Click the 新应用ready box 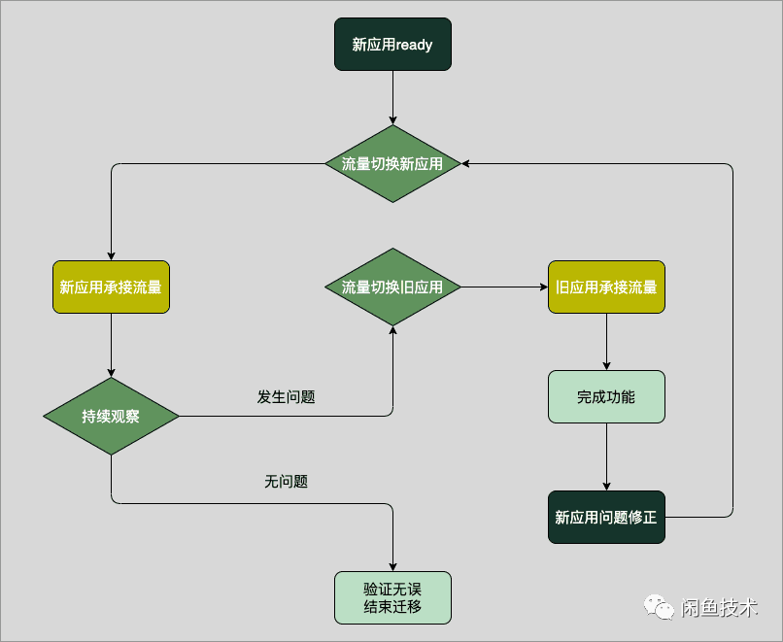pyautogui.click(x=392, y=45)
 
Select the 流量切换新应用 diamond pyautogui.click(x=392, y=164)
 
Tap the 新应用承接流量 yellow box pyautogui.click(x=111, y=287)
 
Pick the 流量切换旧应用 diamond pyautogui.click(x=392, y=287)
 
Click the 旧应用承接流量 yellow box pyautogui.click(x=606, y=287)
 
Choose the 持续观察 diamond pyautogui.click(x=111, y=417)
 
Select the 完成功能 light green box pyautogui.click(x=606, y=397)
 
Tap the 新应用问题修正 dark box pyautogui.click(x=606, y=518)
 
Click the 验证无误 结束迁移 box pyautogui.click(x=392, y=597)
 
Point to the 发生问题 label pyautogui.click(x=286, y=397)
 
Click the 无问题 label pyautogui.click(x=286, y=481)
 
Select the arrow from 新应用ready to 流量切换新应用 pyautogui.click(x=392, y=97)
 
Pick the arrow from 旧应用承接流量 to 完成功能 pyautogui.click(x=606, y=341)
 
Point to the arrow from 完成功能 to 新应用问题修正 pyautogui.click(x=606, y=456)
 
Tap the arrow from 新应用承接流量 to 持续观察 pyautogui.click(x=111, y=345)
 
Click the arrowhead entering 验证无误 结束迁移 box pyautogui.click(x=392, y=566)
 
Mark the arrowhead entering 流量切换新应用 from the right pyautogui.click(x=467, y=164)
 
